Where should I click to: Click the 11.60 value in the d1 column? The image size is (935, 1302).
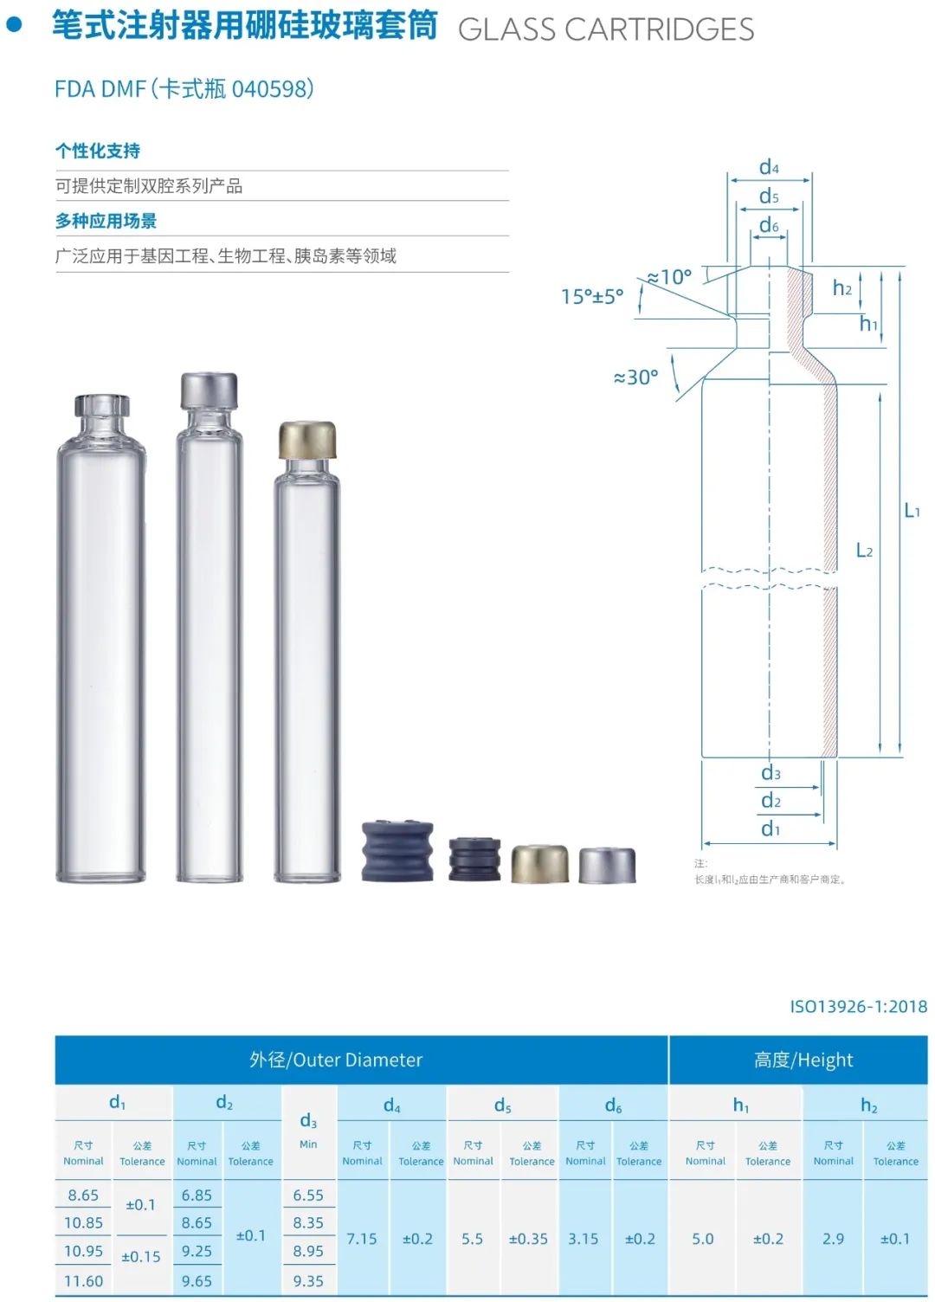pos(83,1279)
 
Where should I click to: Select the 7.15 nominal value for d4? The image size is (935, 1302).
pos(362,1238)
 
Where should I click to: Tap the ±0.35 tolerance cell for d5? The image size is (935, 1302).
pos(528,1238)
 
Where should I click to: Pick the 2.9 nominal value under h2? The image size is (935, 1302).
pos(833,1238)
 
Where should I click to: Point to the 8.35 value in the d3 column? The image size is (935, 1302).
pos(308,1221)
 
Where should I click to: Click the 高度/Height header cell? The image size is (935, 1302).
pos(803,1060)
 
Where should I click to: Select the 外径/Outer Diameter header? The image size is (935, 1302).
pos(336,1060)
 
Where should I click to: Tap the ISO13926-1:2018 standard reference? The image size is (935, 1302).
pos(858,1006)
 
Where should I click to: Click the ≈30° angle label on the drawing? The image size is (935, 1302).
pos(635,377)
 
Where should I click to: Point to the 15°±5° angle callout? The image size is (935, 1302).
pos(592,296)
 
